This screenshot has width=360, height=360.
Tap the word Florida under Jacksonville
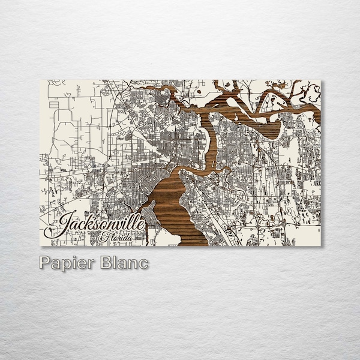tap(117, 236)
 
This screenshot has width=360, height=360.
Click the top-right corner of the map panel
tap(321, 80)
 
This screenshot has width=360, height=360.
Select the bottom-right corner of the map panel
tap(321, 245)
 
